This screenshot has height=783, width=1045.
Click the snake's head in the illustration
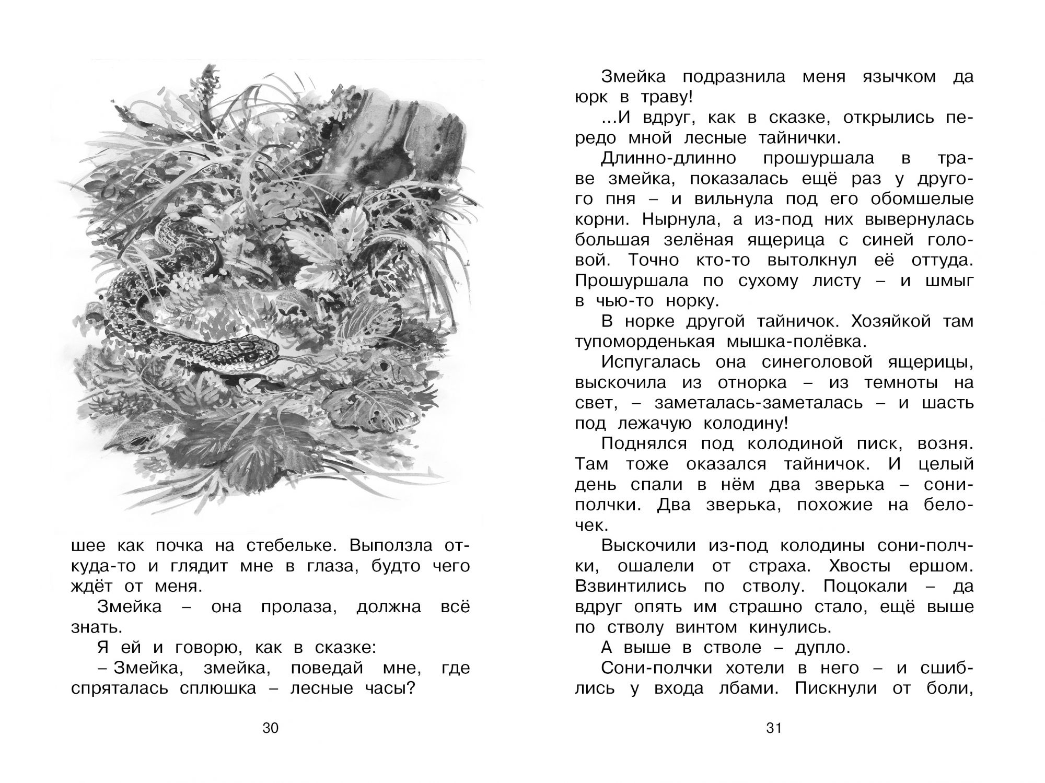pyautogui.click(x=248, y=348)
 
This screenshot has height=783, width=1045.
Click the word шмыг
pyautogui.click(x=952, y=281)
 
